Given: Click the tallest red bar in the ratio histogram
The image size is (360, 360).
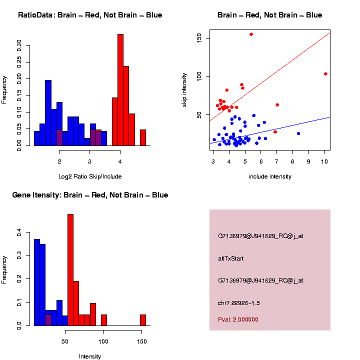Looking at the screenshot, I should coord(120,90).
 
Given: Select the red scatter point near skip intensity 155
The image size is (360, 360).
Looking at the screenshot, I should coord(251,34).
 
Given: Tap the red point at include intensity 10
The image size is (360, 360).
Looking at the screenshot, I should coord(325,73).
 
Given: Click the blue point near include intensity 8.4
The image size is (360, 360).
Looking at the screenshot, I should coord(298,133).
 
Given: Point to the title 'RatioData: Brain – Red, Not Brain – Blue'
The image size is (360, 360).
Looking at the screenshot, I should coord(90,15).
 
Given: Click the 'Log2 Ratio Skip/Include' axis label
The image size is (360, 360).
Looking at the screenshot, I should coord(90,176).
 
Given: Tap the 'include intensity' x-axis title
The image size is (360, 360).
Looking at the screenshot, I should coord(270,176).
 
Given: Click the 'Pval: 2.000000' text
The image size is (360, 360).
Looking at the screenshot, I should coord(238,319).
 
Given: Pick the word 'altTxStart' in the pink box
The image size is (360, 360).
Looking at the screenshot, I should coord(230,258).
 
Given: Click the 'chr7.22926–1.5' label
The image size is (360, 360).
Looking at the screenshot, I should coord(238,303).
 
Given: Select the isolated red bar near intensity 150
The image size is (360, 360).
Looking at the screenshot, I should coord(143,320).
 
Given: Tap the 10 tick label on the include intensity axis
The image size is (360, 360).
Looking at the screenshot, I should coord(324,161).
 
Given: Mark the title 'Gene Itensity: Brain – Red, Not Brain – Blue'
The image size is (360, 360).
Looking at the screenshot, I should coord(90,195).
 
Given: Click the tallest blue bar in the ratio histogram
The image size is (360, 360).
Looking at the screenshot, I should coord(48,112).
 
